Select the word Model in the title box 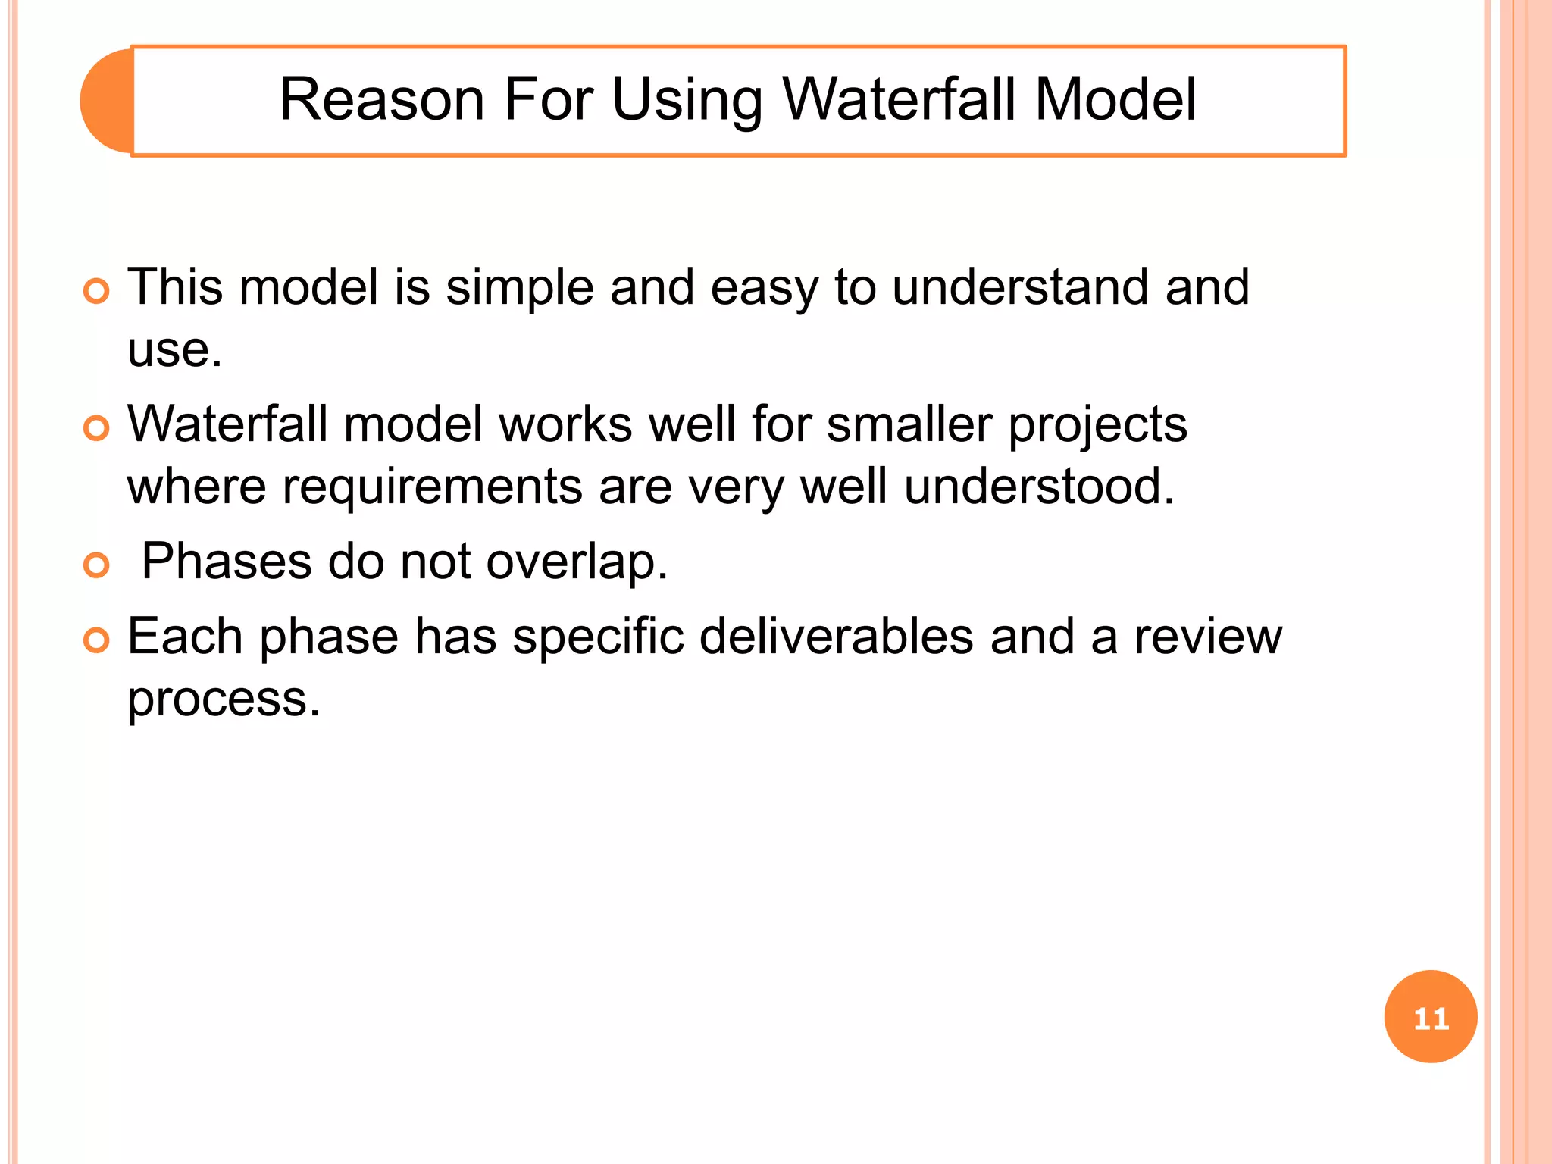[x=1115, y=99]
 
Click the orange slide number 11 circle [x=1430, y=1016]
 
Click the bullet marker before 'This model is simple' [x=96, y=291]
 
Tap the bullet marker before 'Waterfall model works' [x=96, y=428]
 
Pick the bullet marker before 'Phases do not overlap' [x=96, y=565]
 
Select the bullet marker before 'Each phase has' [x=96, y=640]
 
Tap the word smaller [x=909, y=424]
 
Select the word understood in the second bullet [x=1038, y=487]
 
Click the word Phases [x=227, y=562]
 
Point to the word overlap [x=576, y=563]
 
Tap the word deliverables [x=836, y=637]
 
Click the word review [x=1208, y=637]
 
